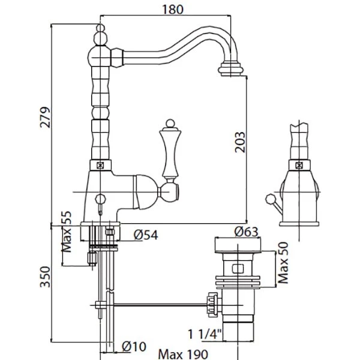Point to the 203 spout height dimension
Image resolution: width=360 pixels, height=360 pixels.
point(239,142)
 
